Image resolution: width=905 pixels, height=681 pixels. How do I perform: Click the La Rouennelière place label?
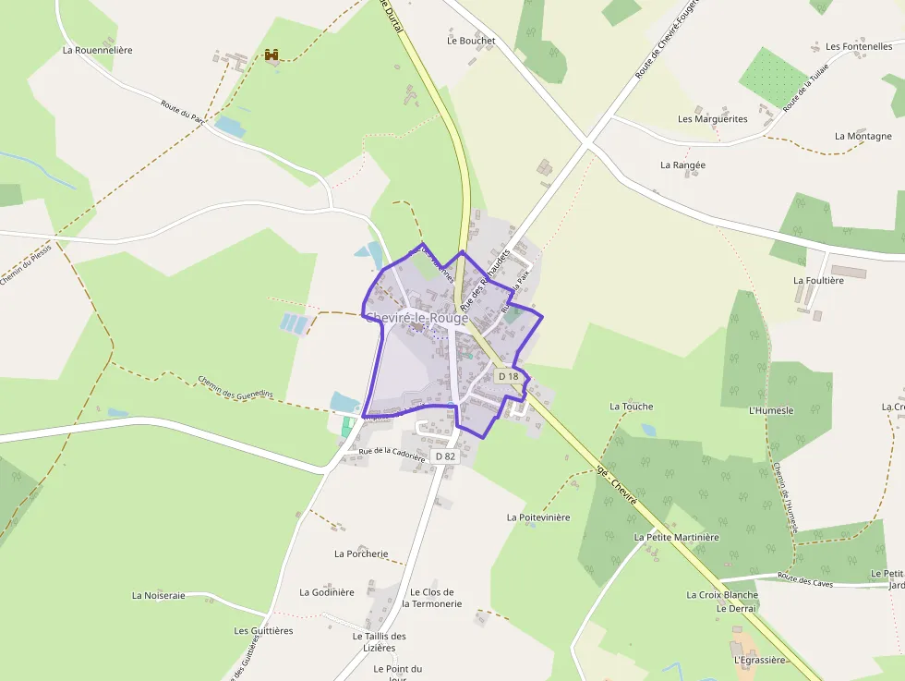(x=97, y=50)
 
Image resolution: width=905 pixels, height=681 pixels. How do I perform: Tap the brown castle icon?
(x=271, y=55)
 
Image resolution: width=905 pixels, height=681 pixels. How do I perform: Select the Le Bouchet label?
(x=471, y=41)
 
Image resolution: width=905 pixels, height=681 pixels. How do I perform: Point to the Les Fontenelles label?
(x=859, y=46)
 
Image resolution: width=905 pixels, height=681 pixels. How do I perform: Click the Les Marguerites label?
(x=712, y=119)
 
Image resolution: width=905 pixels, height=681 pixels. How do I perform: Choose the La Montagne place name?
(x=863, y=136)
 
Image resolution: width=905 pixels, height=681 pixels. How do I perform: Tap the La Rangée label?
(x=682, y=165)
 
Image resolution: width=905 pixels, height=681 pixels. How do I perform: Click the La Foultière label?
(x=818, y=280)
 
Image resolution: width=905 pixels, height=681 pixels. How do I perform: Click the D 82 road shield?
(x=445, y=456)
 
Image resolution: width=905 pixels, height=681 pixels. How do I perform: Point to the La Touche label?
(x=631, y=407)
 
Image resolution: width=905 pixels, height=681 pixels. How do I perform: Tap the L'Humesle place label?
(x=771, y=410)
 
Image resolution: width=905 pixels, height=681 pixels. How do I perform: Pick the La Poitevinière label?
(x=538, y=517)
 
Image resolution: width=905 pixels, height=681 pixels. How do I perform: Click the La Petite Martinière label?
(x=676, y=537)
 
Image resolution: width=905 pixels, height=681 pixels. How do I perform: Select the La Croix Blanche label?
(x=722, y=595)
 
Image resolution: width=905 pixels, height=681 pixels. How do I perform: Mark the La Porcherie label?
(x=361, y=554)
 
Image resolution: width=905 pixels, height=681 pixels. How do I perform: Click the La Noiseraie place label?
(x=158, y=596)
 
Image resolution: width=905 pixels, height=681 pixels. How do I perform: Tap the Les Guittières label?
(x=263, y=631)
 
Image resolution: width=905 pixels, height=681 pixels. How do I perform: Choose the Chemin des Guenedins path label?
(x=235, y=387)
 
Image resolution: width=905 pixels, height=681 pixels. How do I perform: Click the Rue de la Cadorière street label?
(x=392, y=454)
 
